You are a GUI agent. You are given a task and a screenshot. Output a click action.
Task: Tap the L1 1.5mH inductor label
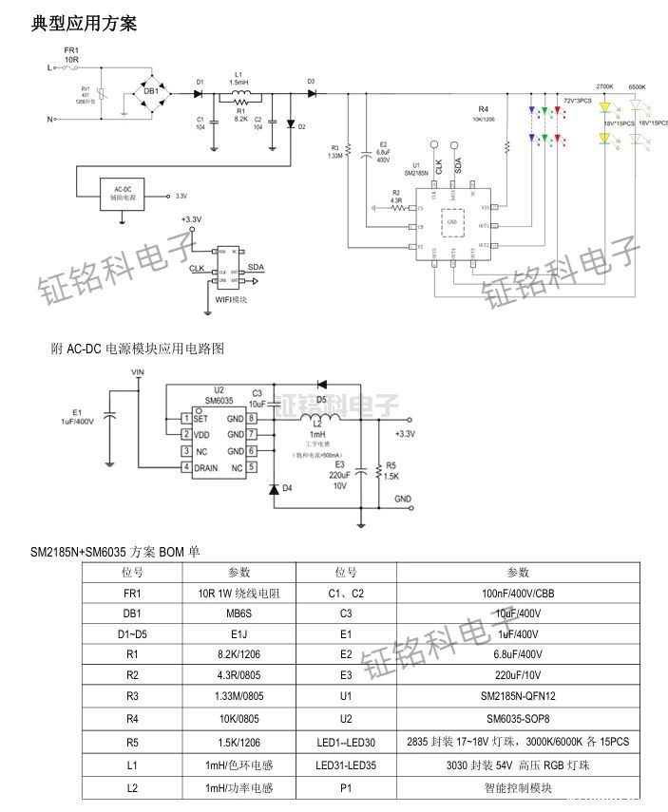tap(239, 78)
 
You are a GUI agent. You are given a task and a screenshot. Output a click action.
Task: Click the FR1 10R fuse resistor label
tap(71, 54)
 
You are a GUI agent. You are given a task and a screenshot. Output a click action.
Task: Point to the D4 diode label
tap(288, 488)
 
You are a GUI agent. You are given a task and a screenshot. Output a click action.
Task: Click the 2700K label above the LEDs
tap(604, 87)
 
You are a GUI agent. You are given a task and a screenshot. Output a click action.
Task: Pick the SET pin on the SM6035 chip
tap(200, 418)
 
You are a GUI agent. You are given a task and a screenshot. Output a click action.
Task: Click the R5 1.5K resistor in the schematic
tap(379, 470)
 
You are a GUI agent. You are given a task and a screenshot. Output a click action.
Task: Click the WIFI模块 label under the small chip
tap(231, 298)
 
